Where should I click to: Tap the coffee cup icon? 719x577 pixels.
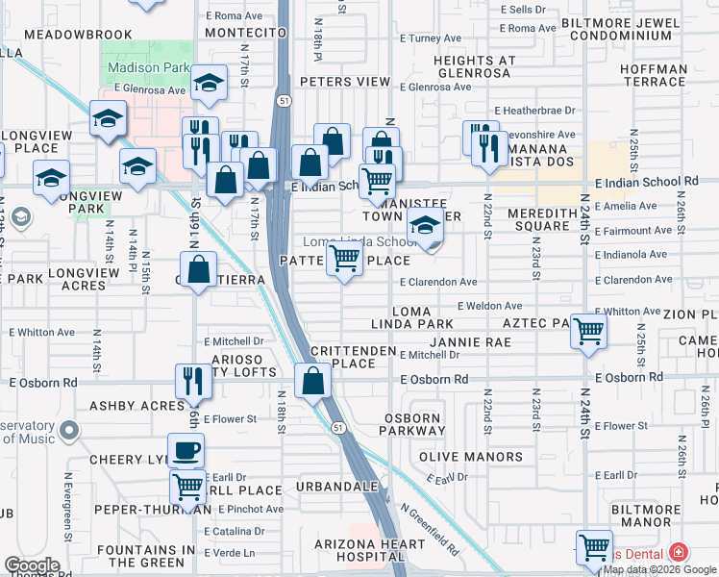click(186, 449)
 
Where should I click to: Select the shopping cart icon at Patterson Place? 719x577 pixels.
click(344, 257)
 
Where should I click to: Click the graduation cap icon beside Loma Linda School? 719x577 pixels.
click(422, 227)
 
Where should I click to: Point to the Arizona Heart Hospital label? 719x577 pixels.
click(370, 551)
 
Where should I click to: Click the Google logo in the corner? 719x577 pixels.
click(31, 565)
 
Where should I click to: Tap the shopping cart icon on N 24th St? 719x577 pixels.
click(588, 332)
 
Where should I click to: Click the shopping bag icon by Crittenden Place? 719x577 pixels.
click(312, 381)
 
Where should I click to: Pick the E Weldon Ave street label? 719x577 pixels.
click(489, 305)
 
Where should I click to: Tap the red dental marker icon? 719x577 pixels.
click(679, 552)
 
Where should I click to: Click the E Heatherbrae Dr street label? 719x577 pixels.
click(534, 111)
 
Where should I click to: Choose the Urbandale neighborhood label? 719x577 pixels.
click(336, 487)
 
